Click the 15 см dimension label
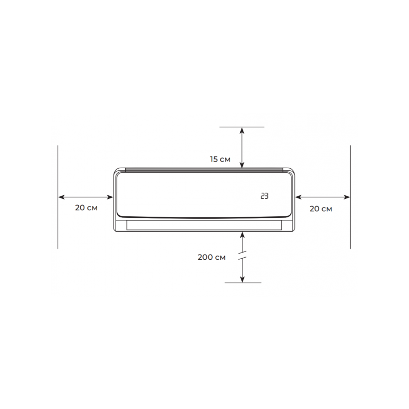(x=220, y=159)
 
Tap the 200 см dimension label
(x=211, y=257)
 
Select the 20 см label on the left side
(x=86, y=208)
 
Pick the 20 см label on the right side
(x=321, y=209)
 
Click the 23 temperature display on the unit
(x=264, y=196)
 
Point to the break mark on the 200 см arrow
(x=242, y=255)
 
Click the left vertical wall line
(x=58, y=197)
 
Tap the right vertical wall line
(x=350, y=197)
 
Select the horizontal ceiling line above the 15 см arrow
(x=242, y=127)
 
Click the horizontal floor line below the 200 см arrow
(x=243, y=283)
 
